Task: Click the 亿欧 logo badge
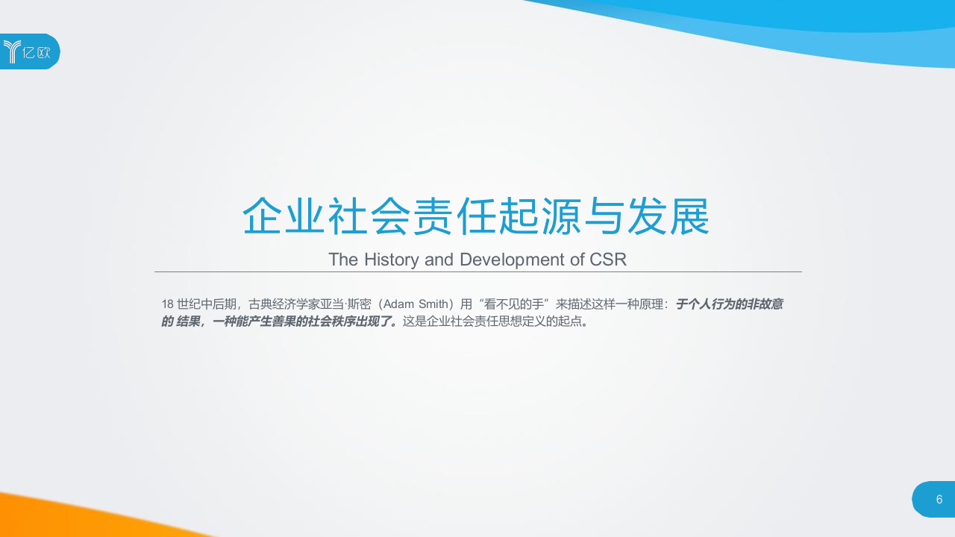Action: [x=30, y=51]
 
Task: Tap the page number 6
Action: [x=939, y=499]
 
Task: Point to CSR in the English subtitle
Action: [x=608, y=260]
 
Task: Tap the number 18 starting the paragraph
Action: [x=168, y=304]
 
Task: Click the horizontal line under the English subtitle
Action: [x=477, y=272]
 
